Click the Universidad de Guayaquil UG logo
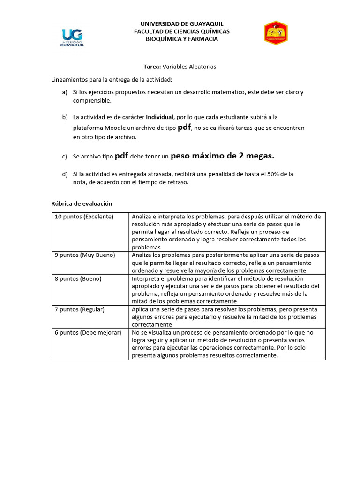click(72, 37)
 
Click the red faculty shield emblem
click(276, 33)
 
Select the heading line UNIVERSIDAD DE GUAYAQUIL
click(182, 24)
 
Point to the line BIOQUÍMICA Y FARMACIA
click(182, 39)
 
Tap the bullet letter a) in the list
click(65, 92)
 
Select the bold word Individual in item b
click(160, 117)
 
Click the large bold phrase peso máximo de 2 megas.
click(222, 156)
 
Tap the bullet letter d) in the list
click(65, 174)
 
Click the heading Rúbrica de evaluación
click(82, 203)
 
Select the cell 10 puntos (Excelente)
click(84, 217)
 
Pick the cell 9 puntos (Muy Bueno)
click(85, 255)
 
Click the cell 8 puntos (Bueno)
click(78, 278)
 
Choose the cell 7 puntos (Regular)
click(80, 309)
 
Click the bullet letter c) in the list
click(65, 157)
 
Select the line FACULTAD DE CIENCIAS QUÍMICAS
click(182, 31)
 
